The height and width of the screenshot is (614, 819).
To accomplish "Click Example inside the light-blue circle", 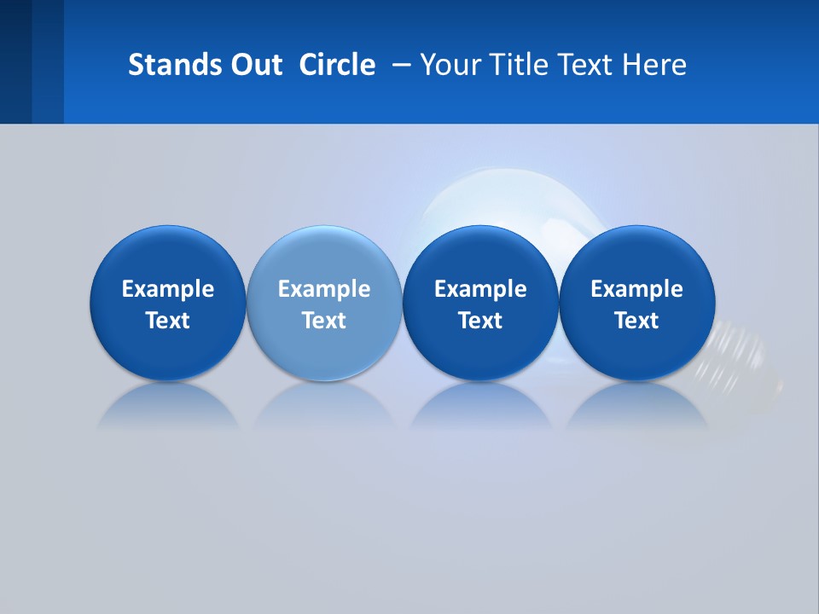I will coord(324,289).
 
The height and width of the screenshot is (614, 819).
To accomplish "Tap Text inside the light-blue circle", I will coord(324,321).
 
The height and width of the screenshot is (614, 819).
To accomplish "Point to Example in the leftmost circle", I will coord(168,289).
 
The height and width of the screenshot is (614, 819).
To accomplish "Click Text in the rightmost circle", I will coord(636,321).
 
